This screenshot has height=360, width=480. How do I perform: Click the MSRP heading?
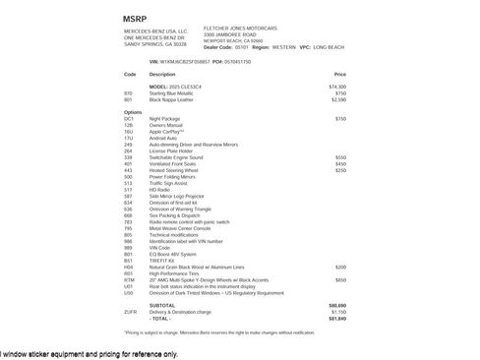135,19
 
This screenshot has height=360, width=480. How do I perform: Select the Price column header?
340,74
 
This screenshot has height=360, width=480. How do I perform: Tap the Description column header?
162,74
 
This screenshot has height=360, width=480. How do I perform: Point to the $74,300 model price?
337,88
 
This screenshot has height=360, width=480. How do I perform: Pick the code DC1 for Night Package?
129,118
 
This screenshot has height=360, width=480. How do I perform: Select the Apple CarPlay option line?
166,131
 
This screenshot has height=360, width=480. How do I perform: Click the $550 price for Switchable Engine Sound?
340,156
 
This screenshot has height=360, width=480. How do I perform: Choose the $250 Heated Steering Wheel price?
340,169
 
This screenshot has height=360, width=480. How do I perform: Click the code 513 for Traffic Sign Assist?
128,183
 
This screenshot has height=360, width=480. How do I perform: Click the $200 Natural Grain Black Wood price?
340,267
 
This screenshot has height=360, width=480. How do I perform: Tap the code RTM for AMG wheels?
129,279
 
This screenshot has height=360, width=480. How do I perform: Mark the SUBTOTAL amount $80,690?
337,306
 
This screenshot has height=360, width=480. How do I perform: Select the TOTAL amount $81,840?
337,319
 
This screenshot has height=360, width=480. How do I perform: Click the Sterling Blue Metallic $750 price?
340,93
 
